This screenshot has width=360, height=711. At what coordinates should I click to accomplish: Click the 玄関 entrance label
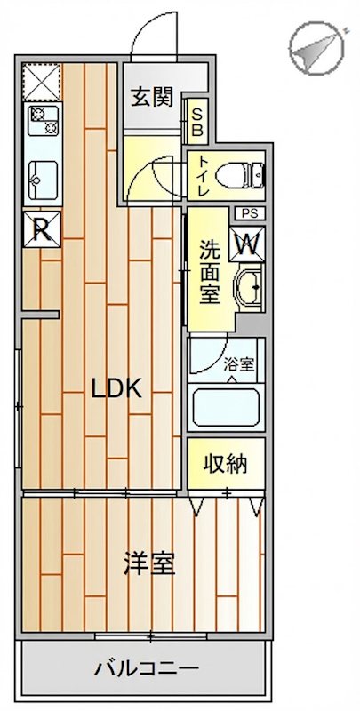click(154, 97)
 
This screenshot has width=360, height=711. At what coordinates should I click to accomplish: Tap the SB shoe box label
click(196, 119)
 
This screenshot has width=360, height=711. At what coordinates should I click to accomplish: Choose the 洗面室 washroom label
click(209, 271)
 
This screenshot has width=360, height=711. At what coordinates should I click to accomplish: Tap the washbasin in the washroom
click(250, 287)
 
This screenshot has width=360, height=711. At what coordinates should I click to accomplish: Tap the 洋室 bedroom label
click(148, 563)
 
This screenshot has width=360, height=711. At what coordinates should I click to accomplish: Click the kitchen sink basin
click(42, 180)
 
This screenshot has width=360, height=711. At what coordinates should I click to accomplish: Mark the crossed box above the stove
click(41, 82)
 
